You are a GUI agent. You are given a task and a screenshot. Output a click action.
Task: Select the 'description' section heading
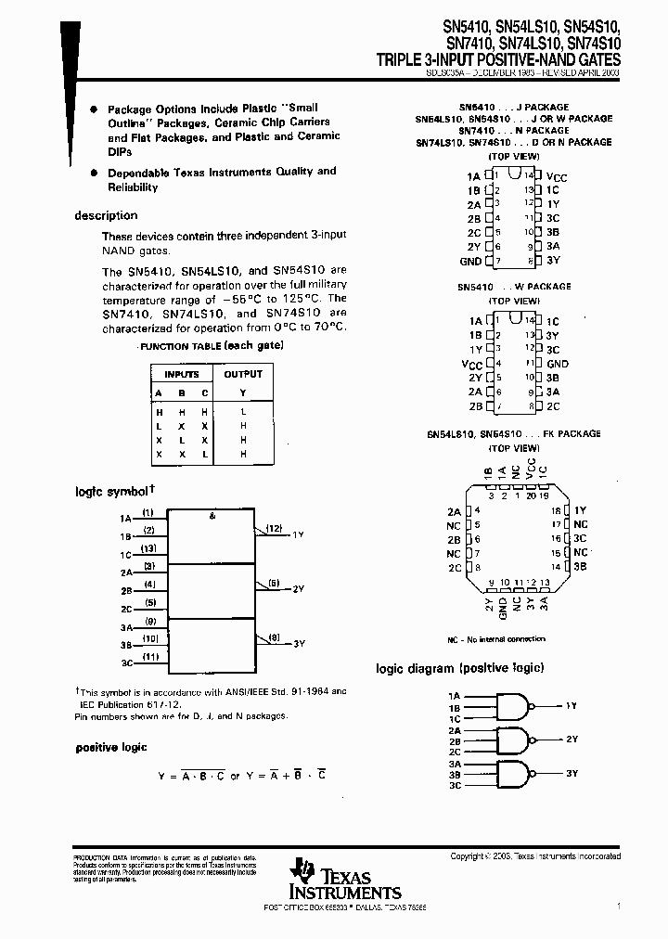(x=106, y=215)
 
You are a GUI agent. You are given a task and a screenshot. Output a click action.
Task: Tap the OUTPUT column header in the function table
(x=243, y=374)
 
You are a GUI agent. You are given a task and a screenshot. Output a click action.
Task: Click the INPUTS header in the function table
(x=182, y=374)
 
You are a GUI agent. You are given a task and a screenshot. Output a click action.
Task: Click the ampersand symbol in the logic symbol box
(x=212, y=516)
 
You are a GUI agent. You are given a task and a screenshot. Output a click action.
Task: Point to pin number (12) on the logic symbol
(x=274, y=528)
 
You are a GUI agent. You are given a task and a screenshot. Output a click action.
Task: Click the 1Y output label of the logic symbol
(x=298, y=535)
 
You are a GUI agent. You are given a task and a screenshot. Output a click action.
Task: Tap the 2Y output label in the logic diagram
(x=572, y=740)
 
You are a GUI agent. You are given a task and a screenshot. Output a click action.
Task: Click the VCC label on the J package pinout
(x=557, y=175)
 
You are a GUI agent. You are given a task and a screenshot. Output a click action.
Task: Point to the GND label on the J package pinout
(x=470, y=262)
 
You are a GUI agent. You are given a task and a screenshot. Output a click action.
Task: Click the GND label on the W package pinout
(x=558, y=364)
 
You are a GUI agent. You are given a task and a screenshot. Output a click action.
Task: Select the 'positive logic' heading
(x=111, y=747)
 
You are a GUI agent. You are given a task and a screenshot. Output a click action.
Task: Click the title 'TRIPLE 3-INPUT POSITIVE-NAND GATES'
(x=498, y=59)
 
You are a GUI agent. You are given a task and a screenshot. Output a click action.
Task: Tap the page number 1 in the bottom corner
(x=619, y=903)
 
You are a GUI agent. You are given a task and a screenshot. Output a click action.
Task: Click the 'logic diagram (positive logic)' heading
(x=459, y=668)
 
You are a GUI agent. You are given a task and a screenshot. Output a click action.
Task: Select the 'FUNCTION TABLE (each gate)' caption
(x=211, y=345)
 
